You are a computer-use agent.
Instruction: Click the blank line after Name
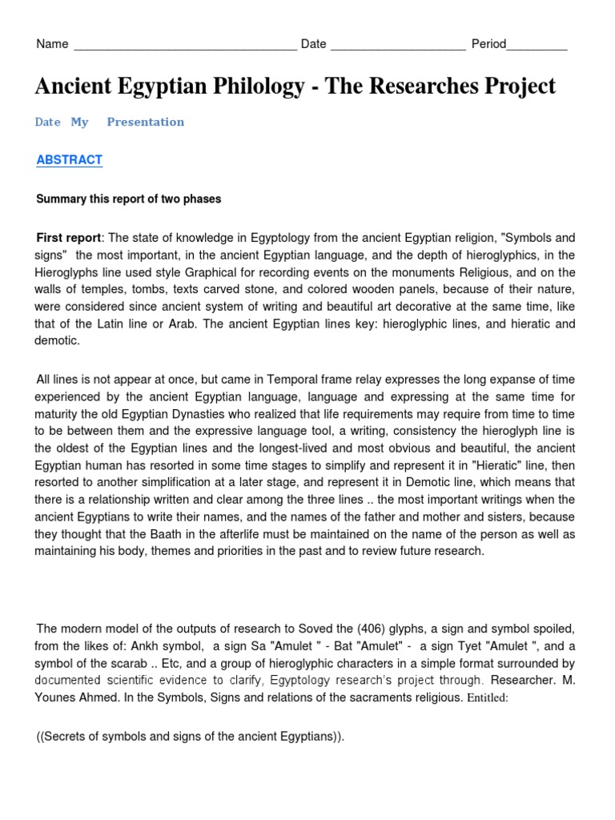click(x=185, y=46)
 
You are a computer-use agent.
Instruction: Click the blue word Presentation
click(x=145, y=122)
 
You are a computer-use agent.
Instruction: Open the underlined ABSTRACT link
click(x=70, y=160)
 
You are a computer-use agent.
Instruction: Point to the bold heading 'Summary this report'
click(x=128, y=199)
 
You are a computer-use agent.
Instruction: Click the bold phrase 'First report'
click(x=70, y=238)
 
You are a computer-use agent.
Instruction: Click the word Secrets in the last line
click(x=71, y=737)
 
